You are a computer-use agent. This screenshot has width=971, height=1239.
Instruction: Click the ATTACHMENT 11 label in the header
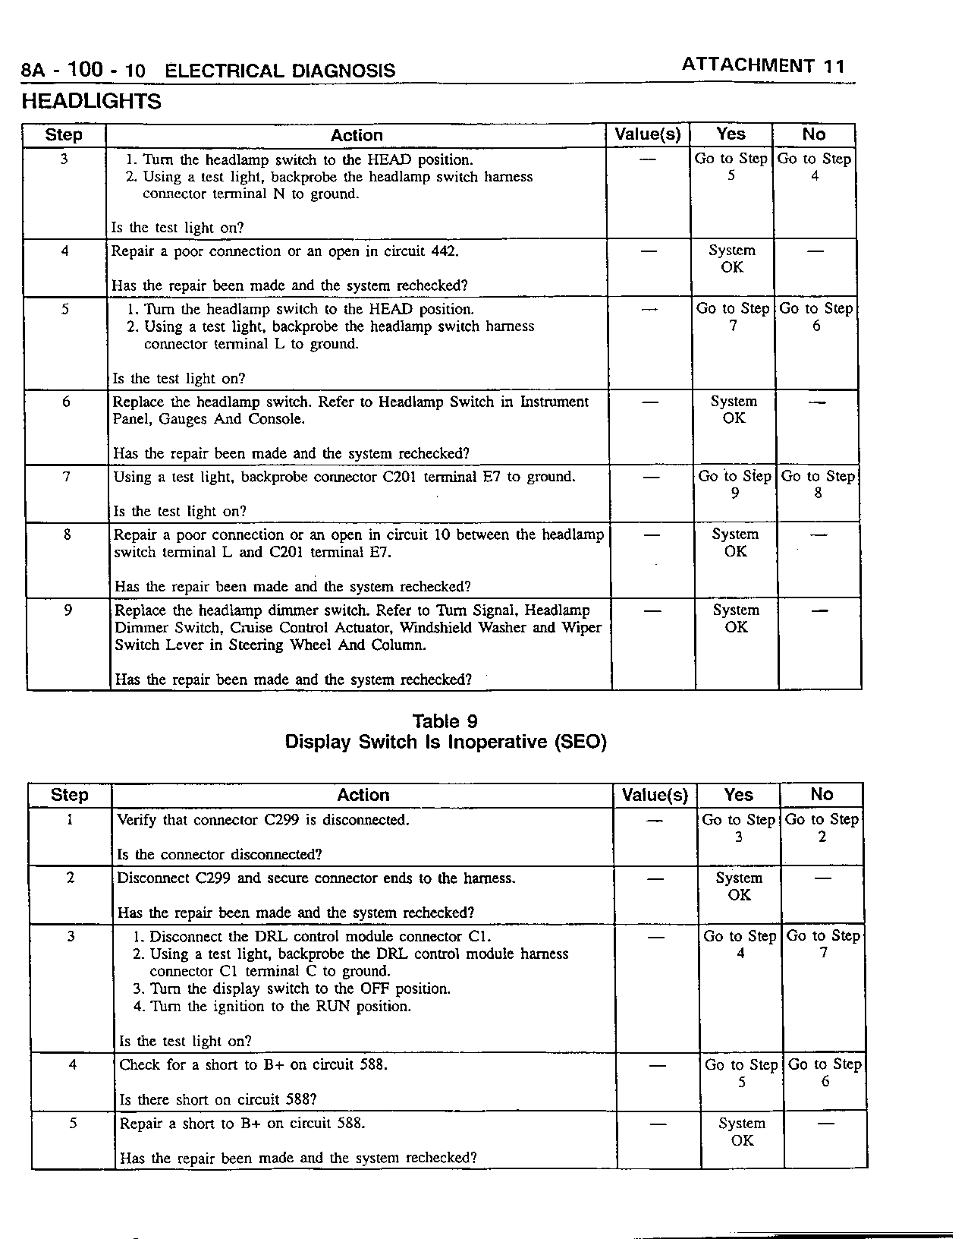[x=762, y=65]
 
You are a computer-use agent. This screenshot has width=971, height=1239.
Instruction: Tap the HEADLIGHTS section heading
[x=91, y=102]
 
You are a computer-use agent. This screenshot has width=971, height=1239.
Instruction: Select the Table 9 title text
[x=445, y=721]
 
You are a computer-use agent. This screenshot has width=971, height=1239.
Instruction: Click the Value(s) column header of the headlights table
[x=647, y=135]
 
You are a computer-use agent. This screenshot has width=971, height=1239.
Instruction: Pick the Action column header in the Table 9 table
[x=363, y=795]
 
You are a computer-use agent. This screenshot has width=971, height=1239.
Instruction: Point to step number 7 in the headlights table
[x=67, y=477]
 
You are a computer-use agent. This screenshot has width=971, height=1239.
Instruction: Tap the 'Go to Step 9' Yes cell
[x=734, y=484]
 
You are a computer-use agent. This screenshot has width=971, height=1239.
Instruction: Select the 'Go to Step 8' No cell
[x=817, y=484]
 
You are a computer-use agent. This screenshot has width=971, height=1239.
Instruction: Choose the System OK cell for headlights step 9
[x=736, y=619]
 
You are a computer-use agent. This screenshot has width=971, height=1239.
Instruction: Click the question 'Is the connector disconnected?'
[x=219, y=854]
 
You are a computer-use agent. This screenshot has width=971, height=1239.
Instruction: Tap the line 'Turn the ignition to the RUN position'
[x=281, y=1007]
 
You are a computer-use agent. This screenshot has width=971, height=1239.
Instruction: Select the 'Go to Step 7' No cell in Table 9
[x=823, y=944]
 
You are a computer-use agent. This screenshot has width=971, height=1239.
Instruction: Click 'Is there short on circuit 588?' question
[x=218, y=1099]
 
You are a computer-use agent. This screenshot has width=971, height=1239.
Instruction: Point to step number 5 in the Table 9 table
[x=73, y=1124]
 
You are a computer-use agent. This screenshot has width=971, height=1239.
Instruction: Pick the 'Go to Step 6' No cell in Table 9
[x=825, y=1073]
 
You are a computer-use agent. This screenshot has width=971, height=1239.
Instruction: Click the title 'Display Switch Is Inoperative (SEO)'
[x=445, y=742]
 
